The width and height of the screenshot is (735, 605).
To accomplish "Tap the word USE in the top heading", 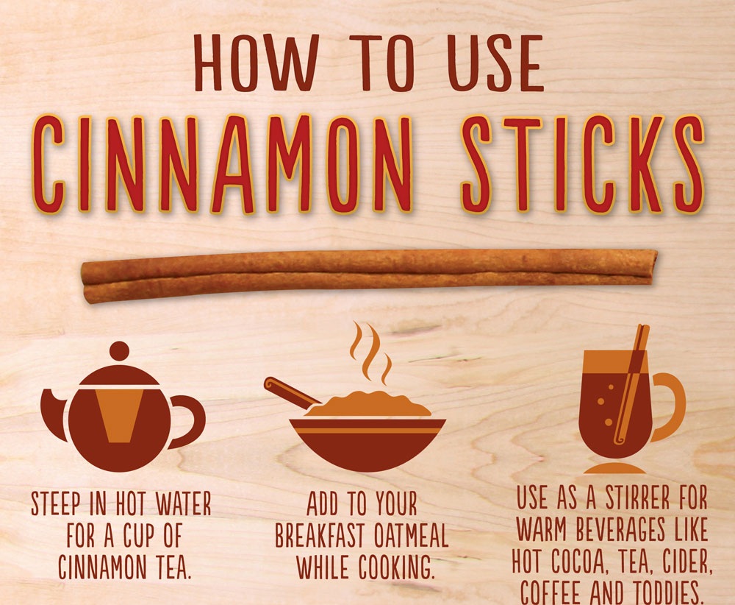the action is pos(495,63).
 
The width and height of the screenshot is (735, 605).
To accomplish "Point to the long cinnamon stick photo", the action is pos(369,275).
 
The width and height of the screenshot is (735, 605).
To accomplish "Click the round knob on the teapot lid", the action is pos(119,352).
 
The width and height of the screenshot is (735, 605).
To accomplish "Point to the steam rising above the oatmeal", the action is pos(370,352).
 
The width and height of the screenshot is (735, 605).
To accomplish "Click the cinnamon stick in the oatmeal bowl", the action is pos(292,392).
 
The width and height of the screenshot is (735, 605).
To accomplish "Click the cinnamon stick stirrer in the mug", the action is pos(632,384).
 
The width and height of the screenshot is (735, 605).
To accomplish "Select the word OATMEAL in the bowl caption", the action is pos(412,536).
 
